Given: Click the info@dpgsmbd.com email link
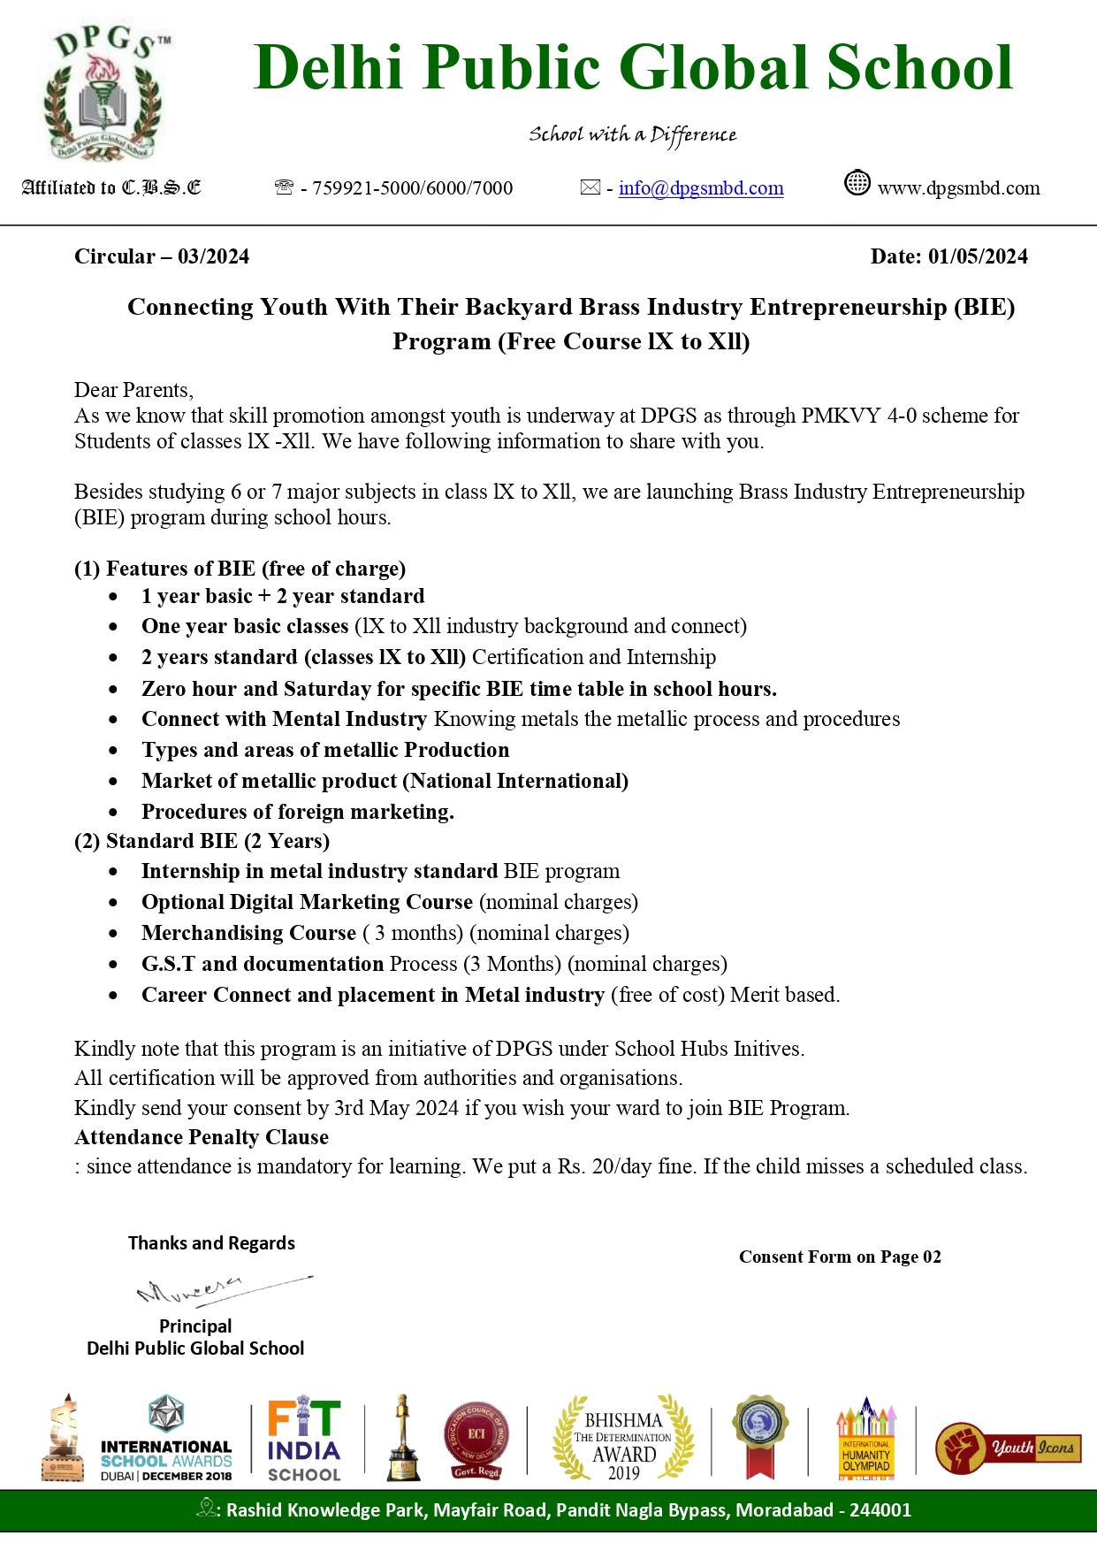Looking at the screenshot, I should [x=701, y=188].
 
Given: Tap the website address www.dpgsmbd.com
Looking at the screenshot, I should [x=958, y=188].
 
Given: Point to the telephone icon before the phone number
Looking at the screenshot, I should [x=284, y=187].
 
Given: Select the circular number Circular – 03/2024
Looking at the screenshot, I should [x=162, y=256].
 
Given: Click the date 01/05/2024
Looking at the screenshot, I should [x=978, y=256].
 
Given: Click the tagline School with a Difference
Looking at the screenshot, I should [x=632, y=134].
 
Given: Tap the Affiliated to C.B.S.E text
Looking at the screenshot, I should [x=111, y=187].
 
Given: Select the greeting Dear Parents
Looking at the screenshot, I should [x=133, y=390].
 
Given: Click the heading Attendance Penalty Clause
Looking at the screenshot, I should [x=202, y=1137].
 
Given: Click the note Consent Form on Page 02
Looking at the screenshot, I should [x=840, y=1257].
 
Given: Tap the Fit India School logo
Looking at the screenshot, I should [x=304, y=1440].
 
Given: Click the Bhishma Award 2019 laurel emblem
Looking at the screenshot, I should [x=623, y=1438].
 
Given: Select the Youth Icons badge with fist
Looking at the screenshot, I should [x=1008, y=1448].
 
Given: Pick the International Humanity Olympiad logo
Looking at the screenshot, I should [x=866, y=1440].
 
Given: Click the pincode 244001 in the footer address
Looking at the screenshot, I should [x=880, y=1509].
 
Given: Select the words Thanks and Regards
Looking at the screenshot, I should [x=211, y=1243].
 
